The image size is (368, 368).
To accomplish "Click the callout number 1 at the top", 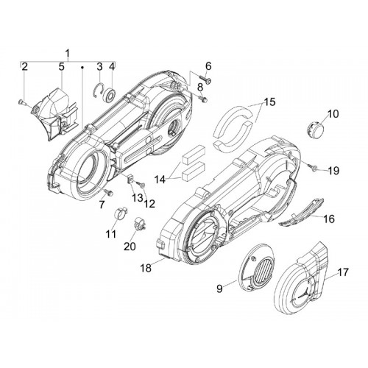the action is click(x=68, y=53).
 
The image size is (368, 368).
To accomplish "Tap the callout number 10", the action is click(x=333, y=114).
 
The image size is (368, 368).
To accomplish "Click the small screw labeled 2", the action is click(x=21, y=102).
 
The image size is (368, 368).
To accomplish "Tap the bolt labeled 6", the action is click(x=205, y=80).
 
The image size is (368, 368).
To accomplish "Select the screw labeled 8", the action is click(x=202, y=99).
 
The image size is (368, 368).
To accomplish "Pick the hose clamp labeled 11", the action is click(x=121, y=213).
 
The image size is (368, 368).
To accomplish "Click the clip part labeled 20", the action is click(x=140, y=224).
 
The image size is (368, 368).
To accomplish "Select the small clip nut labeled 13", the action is click(x=131, y=178).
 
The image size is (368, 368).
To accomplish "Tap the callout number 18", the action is click(x=146, y=268).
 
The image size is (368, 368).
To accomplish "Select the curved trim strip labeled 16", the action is click(x=302, y=213).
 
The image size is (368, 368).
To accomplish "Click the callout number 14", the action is click(x=160, y=180).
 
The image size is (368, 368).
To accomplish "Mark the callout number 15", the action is click(x=269, y=102).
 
